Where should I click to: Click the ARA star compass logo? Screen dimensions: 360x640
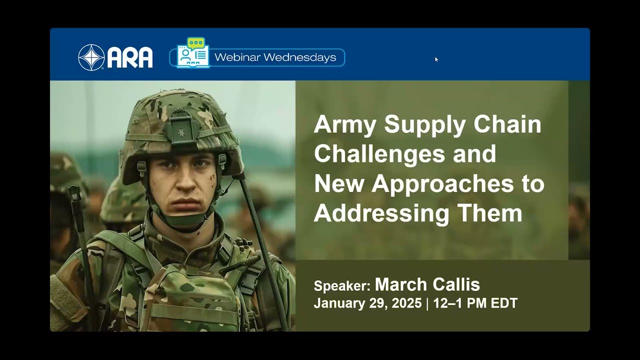coord(91,57)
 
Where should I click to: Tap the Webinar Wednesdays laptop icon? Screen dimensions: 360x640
coord(192,53)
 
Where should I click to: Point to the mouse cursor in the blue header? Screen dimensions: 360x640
coord(436,59)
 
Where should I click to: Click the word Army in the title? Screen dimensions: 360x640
coord(344,124)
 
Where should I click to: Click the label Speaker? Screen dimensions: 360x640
coord(342,286)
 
